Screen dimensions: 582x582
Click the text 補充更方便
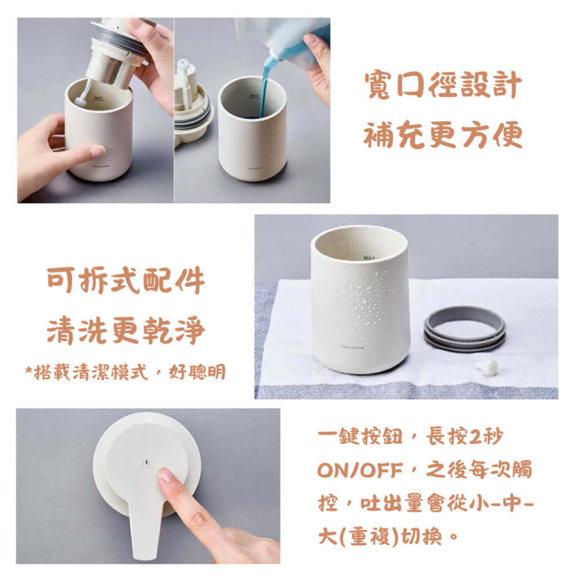[x=443, y=136]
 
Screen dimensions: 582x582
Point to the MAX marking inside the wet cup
[x=368, y=257]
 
